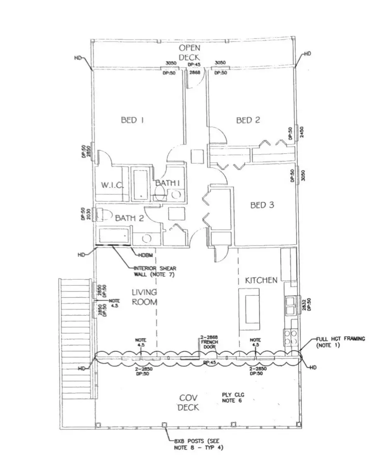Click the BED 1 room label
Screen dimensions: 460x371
pos(132,120)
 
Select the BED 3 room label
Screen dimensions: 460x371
pos(262,205)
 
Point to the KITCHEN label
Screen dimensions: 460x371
pos(261,280)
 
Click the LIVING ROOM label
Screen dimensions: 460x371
pos(144,297)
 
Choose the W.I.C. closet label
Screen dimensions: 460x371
pos(112,185)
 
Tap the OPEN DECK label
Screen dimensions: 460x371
pos(189,53)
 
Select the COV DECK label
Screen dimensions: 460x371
pos(188,403)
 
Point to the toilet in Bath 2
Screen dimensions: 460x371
pos(106,215)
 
